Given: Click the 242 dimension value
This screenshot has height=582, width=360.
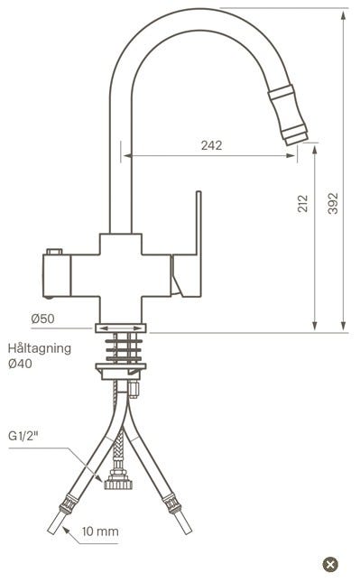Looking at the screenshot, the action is click(x=211, y=145).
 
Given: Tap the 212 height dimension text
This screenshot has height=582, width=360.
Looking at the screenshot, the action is click(x=303, y=203).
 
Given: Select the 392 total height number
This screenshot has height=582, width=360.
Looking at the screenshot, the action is click(x=333, y=203).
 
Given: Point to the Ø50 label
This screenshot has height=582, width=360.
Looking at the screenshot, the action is click(x=42, y=319).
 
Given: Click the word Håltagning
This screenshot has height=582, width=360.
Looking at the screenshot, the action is click(x=40, y=349).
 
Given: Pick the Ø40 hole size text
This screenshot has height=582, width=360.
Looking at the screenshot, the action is click(x=20, y=364).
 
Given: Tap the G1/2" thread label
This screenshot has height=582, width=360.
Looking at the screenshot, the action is click(x=23, y=436).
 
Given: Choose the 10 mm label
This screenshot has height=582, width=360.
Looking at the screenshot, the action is click(x=100, y=531).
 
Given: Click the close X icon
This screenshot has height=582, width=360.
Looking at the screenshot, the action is click(x=330, y=565).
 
